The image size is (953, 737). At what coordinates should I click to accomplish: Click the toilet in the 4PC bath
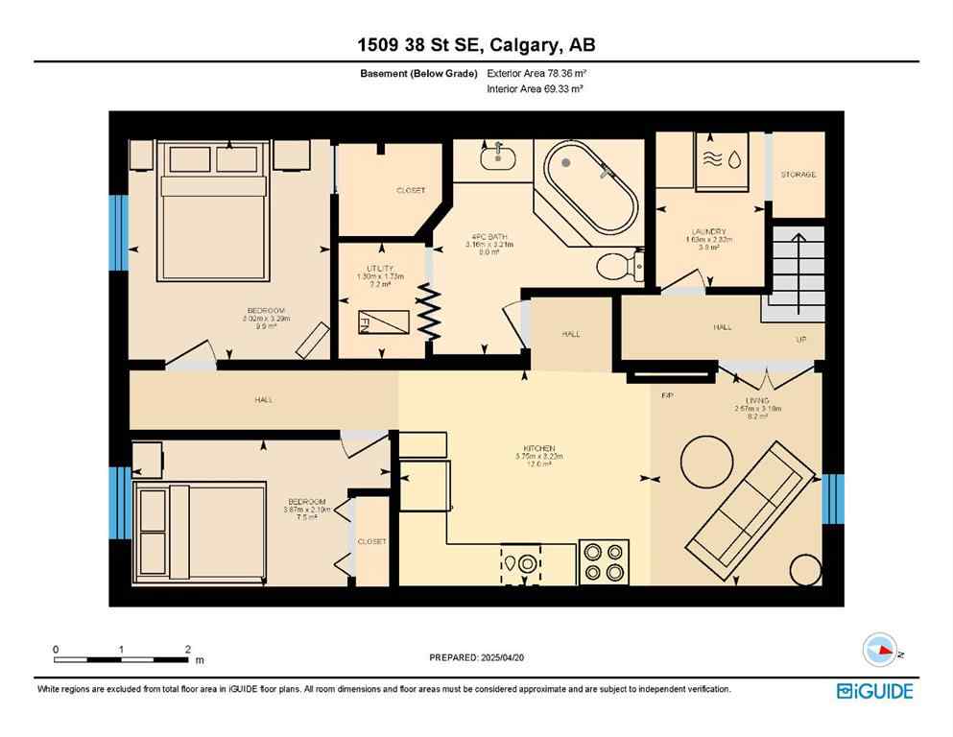[x=616, y=266]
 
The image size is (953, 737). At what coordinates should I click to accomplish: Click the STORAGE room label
[x=798, y=175]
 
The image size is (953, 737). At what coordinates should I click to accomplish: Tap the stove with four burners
[x=604, y=561]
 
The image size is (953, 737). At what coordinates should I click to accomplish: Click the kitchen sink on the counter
[x=520, y=563]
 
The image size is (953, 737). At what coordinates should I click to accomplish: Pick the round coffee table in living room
[x=706, y=463]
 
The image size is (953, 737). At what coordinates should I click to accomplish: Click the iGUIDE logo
[x=873, y=691]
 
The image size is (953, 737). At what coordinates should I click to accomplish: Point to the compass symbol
[x=880, y=650]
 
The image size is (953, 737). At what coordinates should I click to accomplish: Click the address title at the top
[x=476, y=45]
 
